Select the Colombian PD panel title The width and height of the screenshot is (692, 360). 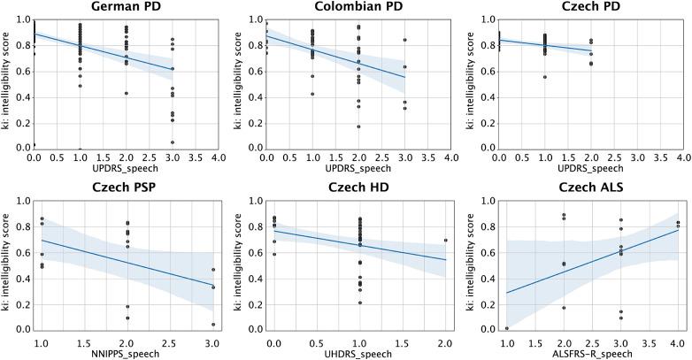(358, 8)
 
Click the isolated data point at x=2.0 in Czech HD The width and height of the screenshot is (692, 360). (445, 240)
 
